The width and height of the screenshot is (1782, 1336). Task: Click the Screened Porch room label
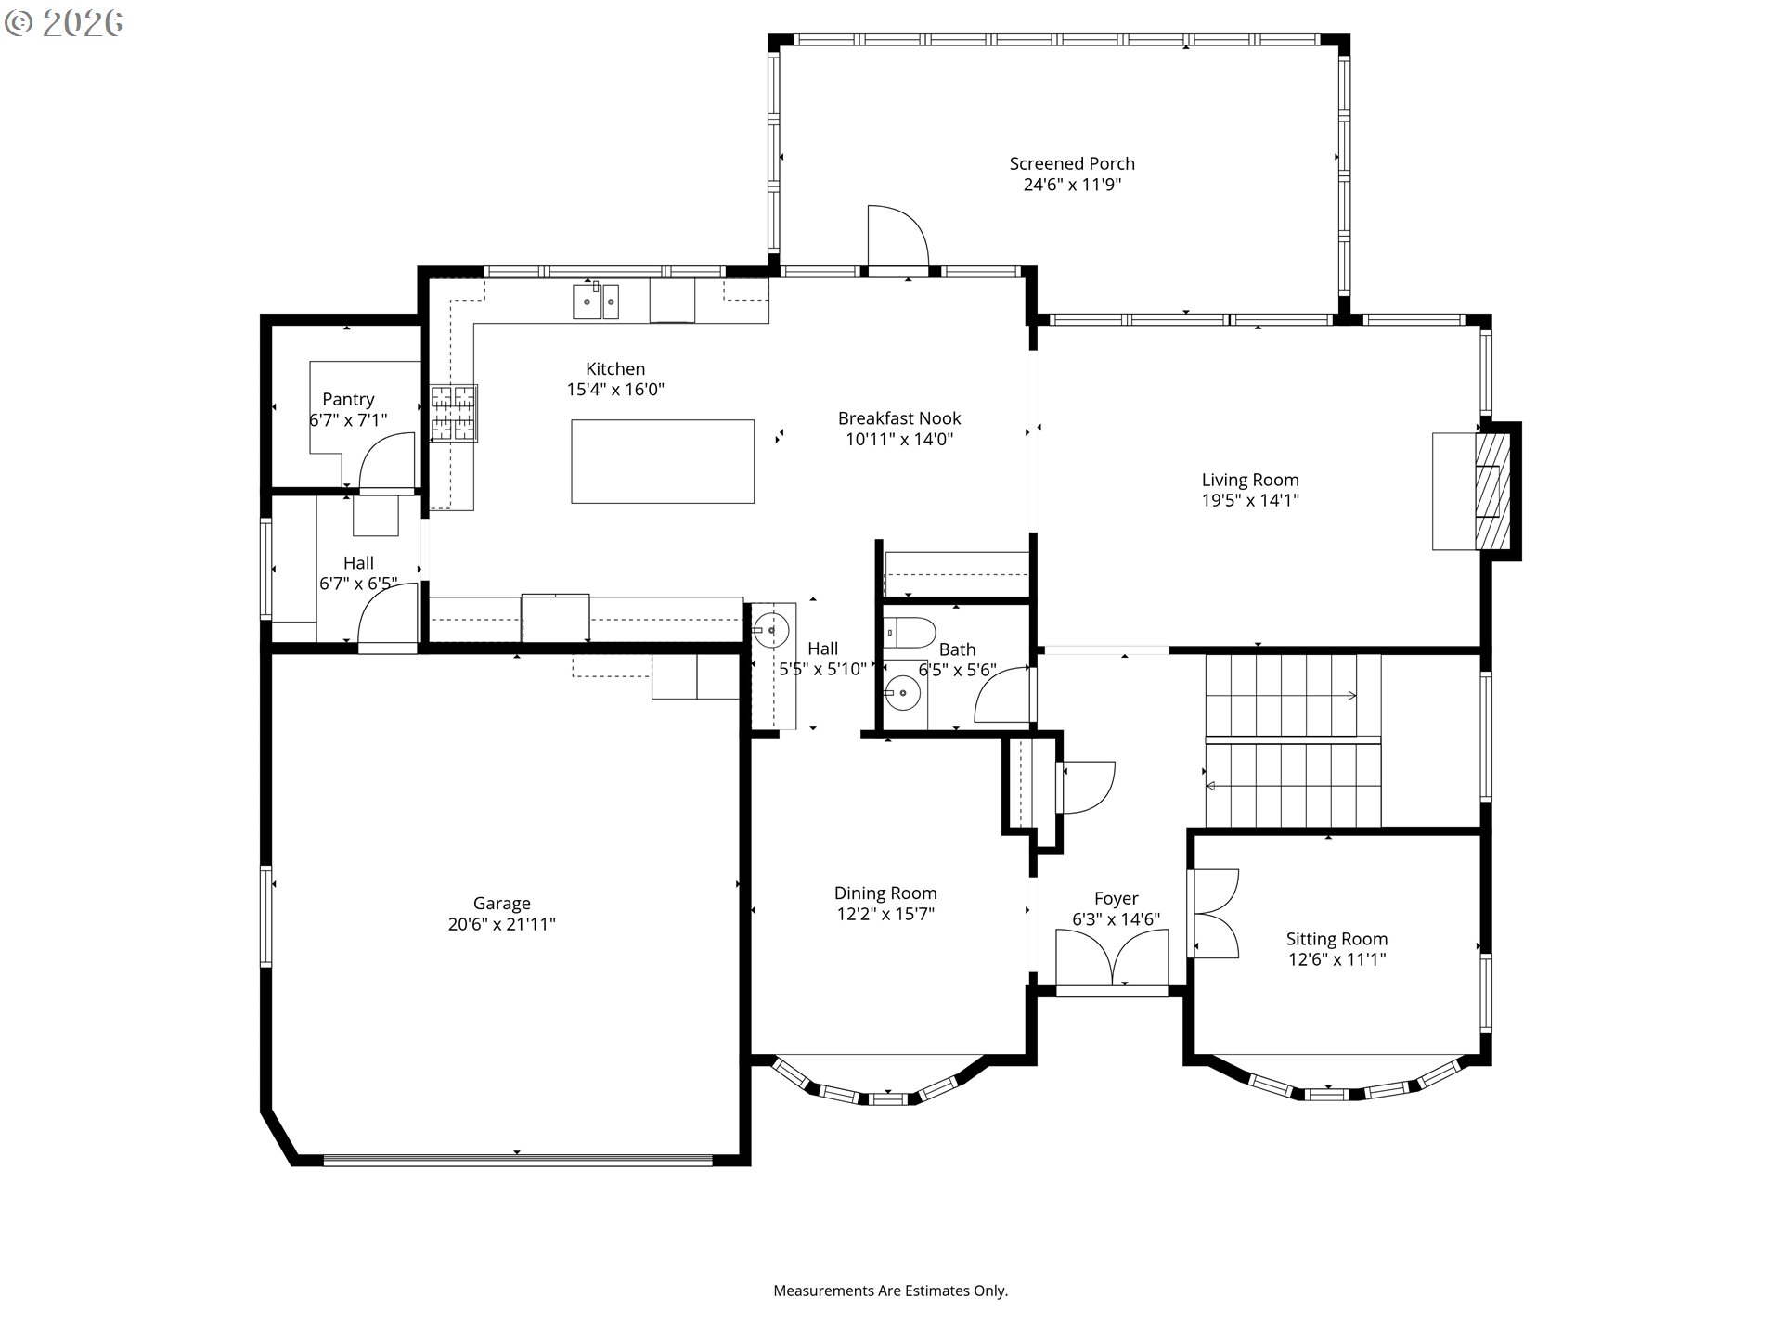(1072, 163)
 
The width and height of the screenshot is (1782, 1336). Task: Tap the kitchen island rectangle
(663, 461)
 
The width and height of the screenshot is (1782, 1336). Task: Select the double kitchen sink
(596, 301)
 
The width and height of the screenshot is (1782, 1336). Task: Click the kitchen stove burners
(454, 413)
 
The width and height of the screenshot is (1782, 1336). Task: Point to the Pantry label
(348, 399)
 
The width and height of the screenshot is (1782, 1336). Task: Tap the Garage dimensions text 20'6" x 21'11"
(502, 924)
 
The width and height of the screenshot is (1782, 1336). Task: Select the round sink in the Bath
(901, 691)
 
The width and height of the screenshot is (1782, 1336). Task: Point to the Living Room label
(1250, 480)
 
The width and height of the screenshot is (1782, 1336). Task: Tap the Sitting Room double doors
(1215, 914)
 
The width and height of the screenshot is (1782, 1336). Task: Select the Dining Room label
(885, 893)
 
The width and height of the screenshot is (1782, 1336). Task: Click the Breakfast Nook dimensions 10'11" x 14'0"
(899, 440)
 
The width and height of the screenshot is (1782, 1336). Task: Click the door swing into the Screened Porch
(897, 237)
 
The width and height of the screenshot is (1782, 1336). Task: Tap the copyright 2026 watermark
(63, 23)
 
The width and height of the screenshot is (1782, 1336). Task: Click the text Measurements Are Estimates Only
(891, 1291)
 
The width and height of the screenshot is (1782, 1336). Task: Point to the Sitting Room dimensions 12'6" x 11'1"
(1336, 959)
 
